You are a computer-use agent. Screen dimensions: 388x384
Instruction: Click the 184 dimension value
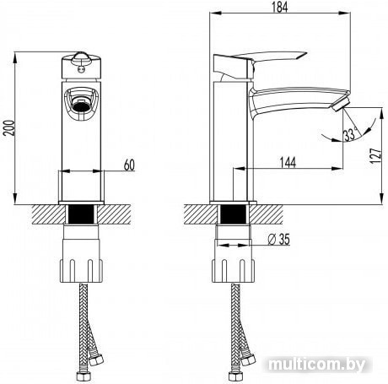(280, 7)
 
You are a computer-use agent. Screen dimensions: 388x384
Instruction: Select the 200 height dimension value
(8, 128)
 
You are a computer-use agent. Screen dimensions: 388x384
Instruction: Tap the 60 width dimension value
(129, 165)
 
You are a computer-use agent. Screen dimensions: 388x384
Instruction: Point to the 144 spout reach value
(288, 162)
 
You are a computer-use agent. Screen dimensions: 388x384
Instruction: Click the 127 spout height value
(377, 155)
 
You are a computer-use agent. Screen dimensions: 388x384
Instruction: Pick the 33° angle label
(350, 134)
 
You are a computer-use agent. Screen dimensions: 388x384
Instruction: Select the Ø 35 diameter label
(278, 240)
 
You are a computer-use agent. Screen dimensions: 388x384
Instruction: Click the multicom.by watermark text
(317, 365)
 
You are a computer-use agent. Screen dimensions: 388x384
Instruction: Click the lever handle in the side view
(259, 63)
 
